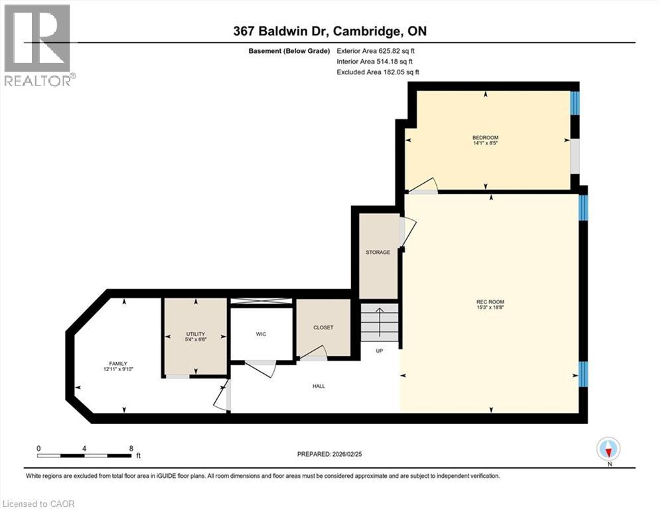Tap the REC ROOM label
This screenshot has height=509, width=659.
[490, 302]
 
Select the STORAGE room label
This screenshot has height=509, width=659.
[378, 252]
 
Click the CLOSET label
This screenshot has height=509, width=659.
[323, 327]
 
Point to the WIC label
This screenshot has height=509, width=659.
[261, 334]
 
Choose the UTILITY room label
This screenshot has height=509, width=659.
[196, 334]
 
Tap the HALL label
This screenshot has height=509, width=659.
[319, 386]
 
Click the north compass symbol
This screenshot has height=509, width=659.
[608, 449]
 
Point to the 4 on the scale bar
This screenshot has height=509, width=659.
[84, 448]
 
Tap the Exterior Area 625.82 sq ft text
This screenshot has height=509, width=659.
[377, 50]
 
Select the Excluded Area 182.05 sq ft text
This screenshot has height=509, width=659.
[378, 72]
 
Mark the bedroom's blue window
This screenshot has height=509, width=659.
[575, 103]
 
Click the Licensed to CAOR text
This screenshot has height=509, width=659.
[38, 504]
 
